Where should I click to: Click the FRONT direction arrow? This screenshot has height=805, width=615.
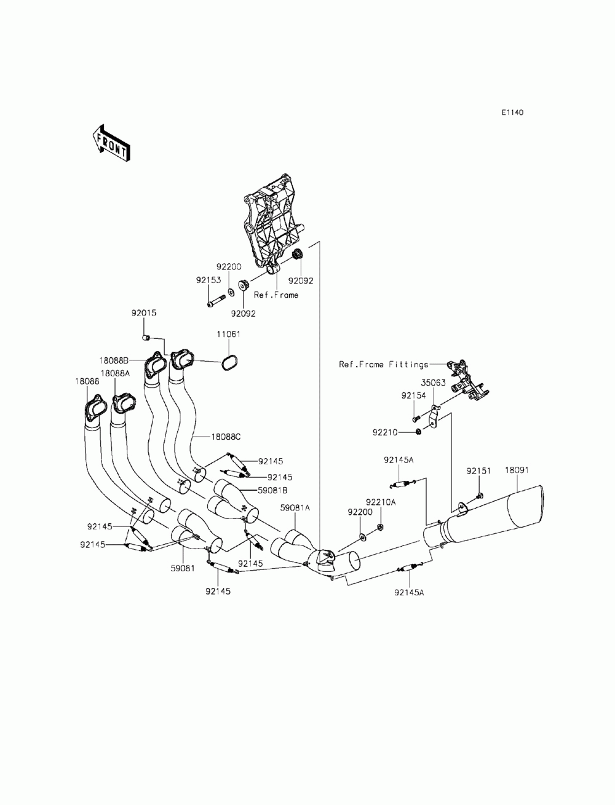[111, 143]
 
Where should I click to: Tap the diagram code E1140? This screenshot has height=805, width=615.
[512, 113]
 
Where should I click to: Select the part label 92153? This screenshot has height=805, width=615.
[208, 280]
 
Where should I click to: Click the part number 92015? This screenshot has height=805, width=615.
[144, 313]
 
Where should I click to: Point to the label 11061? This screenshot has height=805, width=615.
[228, 334]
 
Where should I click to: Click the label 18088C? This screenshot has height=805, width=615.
[226, 437]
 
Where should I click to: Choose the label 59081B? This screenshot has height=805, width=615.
[272, 490]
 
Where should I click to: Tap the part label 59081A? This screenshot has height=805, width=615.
[295, 508]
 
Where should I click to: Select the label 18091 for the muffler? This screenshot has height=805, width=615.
[517, 470]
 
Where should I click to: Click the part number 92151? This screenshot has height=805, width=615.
[478, 470]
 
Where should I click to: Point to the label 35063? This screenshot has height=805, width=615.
[433, 383]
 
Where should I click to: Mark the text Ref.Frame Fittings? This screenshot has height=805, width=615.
[384, 365]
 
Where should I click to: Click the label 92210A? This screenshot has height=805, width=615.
[381, 502]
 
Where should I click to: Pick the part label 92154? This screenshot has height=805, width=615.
[414, 395]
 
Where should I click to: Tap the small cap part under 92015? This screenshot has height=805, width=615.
[146, 337]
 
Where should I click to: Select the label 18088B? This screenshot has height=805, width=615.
[114, 360]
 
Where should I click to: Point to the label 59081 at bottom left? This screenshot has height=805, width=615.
[183, 568]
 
